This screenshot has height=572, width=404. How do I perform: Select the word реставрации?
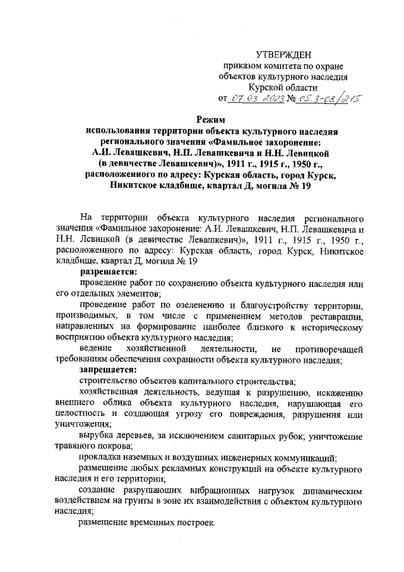coord(338,315)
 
